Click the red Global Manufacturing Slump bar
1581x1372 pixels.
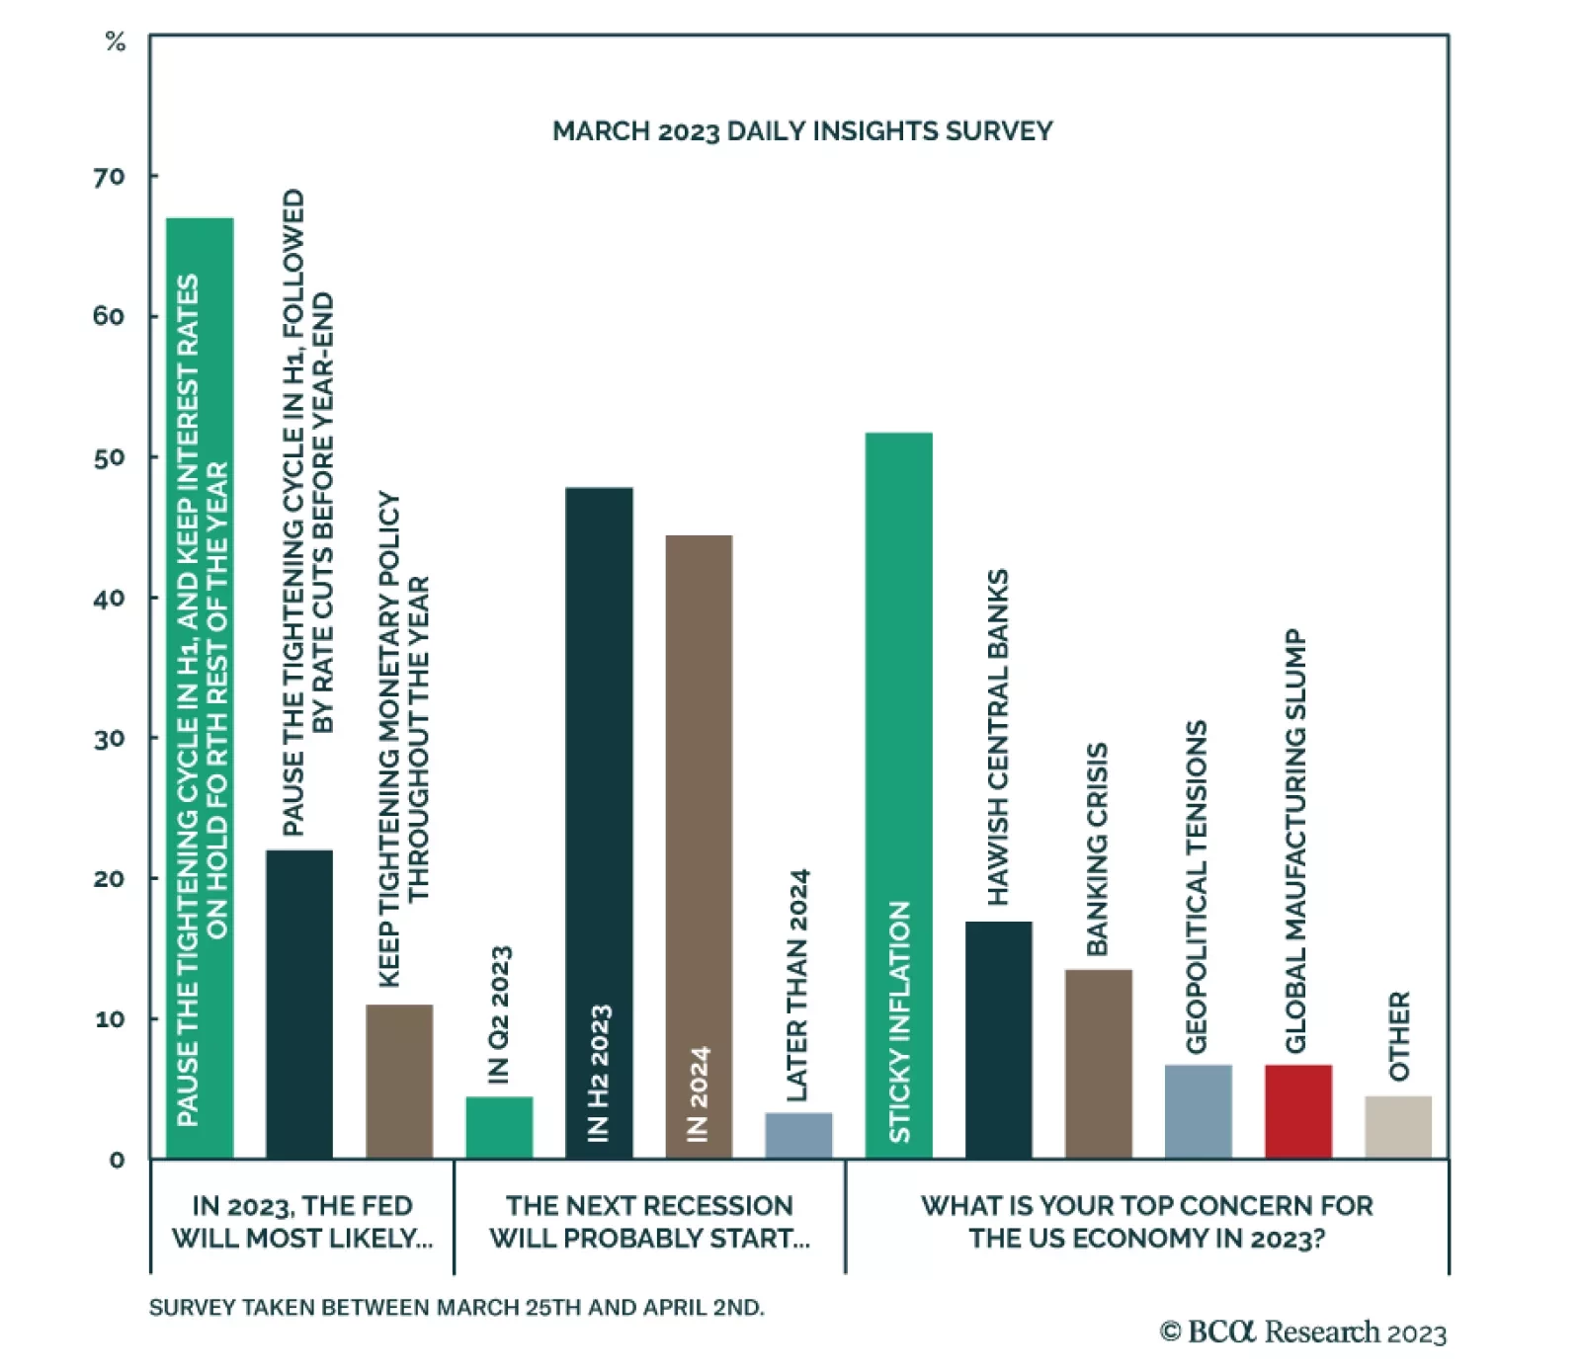pos(1297,1111)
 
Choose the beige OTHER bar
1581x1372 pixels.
pos(1397,1127)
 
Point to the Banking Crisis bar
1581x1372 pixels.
pos(1098,1064)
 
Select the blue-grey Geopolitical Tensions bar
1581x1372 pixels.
pos(1198,1111)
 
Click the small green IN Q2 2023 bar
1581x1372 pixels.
pos(499,1127)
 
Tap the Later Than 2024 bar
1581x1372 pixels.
pos(798,1135)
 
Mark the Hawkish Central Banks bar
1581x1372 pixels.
pos(998,1039)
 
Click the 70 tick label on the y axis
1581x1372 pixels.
pos(110,177)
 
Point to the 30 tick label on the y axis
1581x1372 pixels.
pos(110,739)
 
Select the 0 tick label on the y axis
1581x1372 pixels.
pos(117,1160)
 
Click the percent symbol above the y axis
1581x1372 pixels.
pos(116,41)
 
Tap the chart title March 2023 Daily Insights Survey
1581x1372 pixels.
pos(802,131)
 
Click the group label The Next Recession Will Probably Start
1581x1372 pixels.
pos(649,1222)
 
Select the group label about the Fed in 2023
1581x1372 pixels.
pos(302,1222)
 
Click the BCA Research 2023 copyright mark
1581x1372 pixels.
pos(1302,1332)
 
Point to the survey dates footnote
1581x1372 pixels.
pos(457,1308)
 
